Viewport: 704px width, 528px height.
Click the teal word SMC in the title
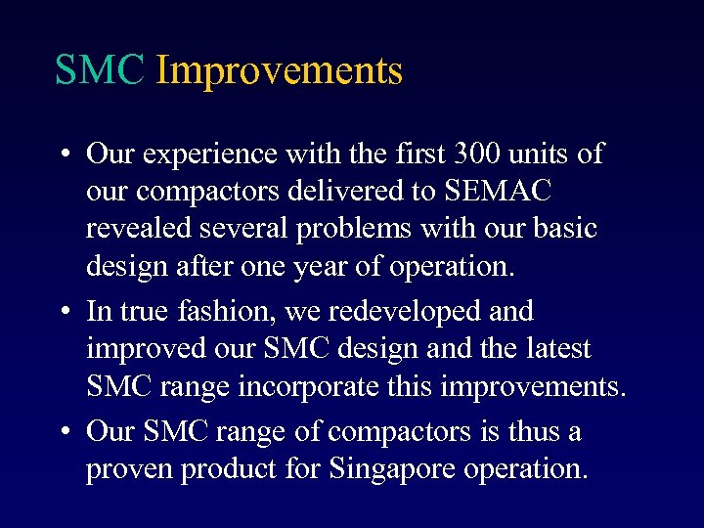pyautogui.click(x=100, y=70)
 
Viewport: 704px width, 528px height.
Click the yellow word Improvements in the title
pyautogui.click(x=279, y=71)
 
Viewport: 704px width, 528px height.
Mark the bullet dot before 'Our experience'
pyautogui.click(x=63, y=154)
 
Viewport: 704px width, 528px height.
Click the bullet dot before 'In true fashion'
pyautogui.click(x=63, y=312)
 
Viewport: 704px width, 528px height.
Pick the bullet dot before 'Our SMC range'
pyautogui.click(x=63, y=430)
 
